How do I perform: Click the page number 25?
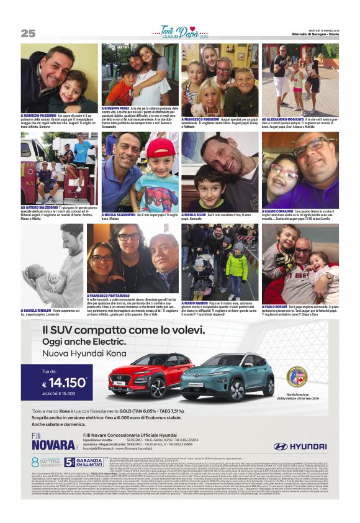pos(28,33)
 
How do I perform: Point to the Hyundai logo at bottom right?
pos(305,445)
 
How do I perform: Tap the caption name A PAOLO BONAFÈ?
pos(280,306)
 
